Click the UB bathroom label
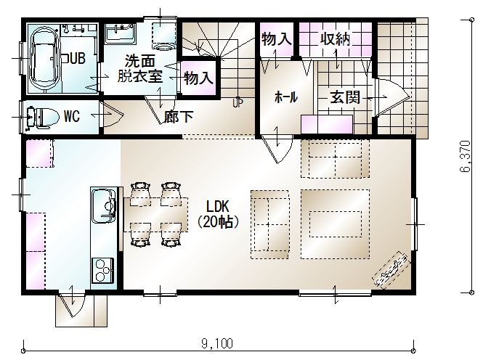point(78,58)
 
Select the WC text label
point(72,116)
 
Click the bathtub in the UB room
point(44,60)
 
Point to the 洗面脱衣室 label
point(140,69)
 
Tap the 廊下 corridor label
point(179,117)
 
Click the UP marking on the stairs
point(238,103)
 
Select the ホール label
point(286,97)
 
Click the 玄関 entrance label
point(345,97)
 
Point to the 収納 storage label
point(335,39)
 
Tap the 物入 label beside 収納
point(276,39)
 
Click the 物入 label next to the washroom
point(199,78)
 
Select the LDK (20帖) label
point(217,214)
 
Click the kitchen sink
point(104,205)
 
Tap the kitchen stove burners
point(102,271)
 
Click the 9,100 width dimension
point(217,343)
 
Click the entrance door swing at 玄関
point(393,97)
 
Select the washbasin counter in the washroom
point(121,33)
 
